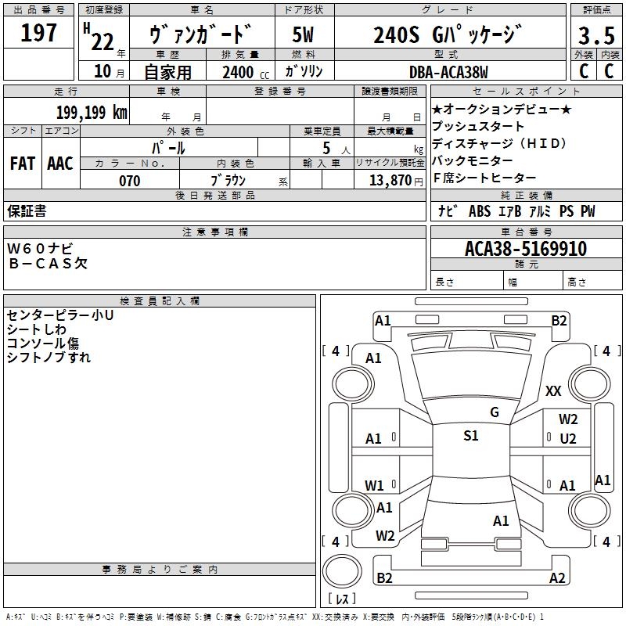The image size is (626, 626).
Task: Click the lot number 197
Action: click(39, 33)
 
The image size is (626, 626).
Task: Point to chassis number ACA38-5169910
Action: click(526, 249)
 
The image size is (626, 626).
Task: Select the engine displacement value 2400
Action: click(238, 72)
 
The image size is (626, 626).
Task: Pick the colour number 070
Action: click(129, 181)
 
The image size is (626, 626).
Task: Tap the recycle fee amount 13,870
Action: click(391, 181)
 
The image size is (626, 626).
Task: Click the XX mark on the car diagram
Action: click(553, 391)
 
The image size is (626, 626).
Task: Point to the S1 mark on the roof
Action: click(470, 436)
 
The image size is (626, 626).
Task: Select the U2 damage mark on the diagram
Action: click(568, 439)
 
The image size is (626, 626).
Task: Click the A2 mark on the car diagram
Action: click(557, 578)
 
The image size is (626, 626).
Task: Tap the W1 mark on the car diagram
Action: click(374, 485)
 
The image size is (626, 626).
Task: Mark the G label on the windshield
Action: click(494, 412)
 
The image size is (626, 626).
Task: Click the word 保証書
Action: click(27, 211)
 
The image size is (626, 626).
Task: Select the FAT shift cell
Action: click(22, 164)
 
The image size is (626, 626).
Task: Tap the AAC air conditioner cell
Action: click(60, 164)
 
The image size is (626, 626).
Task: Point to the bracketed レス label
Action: click(341, 600)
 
